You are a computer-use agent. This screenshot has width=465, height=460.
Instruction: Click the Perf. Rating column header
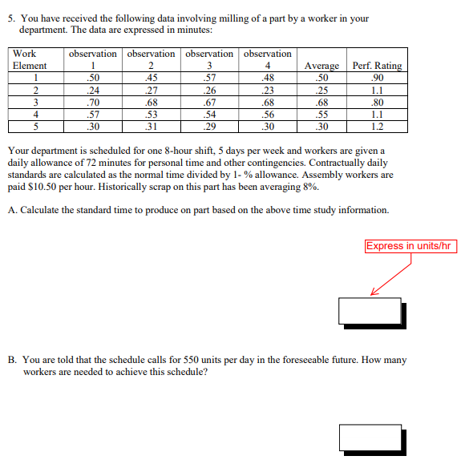[x=377, y=66]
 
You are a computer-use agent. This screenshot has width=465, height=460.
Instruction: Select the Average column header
[x=321, y=66]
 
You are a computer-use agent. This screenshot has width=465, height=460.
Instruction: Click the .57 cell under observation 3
[x=209, y=78]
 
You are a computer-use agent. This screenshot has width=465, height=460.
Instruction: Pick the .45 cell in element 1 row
[x=152, y=78]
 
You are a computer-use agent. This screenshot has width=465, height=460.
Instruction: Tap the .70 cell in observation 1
[x=93, y=103]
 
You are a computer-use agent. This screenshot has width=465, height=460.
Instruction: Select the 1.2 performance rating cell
[x=378, y=127]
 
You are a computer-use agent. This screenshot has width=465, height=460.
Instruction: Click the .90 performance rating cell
[x=378, y=78]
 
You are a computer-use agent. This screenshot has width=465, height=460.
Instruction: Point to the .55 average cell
[x=321, y=115]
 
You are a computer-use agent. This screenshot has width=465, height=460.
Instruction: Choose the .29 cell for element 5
[x=209, y=127]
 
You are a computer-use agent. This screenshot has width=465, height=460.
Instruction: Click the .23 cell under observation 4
[x=268, y=90]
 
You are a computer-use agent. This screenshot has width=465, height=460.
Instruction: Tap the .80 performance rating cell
[x=378, y=103]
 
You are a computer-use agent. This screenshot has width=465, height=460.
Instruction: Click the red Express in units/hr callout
[x=410, y=246]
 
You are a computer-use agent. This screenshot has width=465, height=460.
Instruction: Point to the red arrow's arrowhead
[x=373, y=293]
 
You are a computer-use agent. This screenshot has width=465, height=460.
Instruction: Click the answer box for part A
[x=370, y=311]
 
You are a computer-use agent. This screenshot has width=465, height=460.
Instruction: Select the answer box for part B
[x=370, y=438]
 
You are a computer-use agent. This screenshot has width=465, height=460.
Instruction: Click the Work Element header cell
[x=30, y=59]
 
